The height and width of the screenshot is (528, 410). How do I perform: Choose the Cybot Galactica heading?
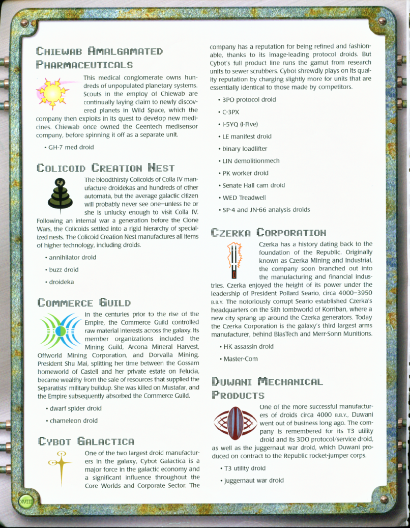coord(85,440)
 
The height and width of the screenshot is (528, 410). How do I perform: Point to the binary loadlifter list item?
coord(248,149)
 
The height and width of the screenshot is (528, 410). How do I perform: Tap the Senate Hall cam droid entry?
coord(256,185)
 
